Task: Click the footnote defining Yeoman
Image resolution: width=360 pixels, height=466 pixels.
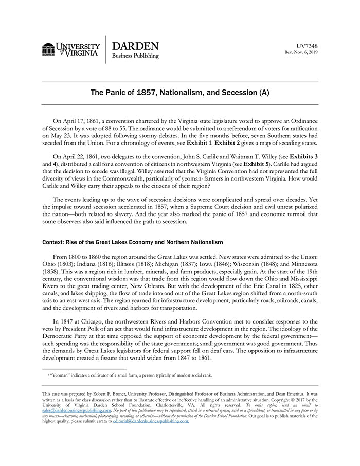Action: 129,375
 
